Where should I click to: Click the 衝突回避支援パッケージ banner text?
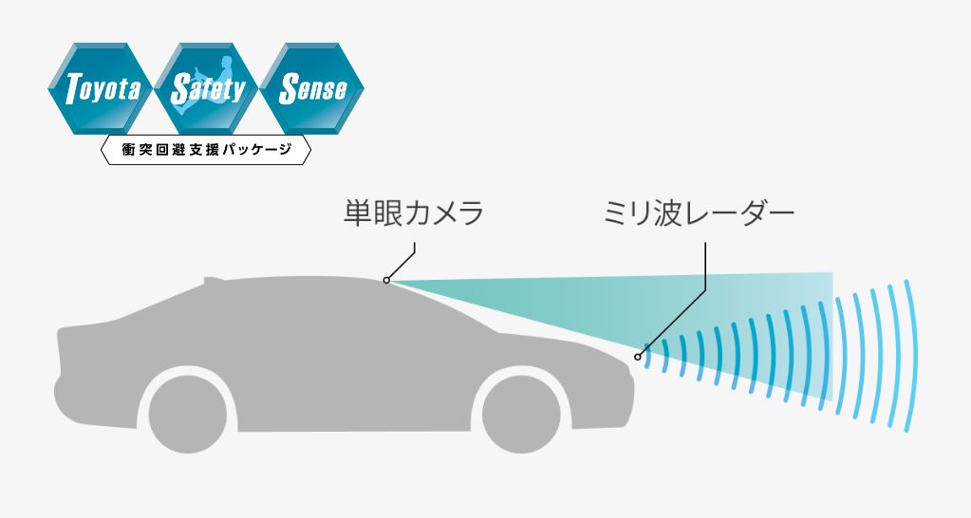(x=205, y=150)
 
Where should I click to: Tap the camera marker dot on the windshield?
(x=386, y=280)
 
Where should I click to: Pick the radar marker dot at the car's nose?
(x=638, y=358)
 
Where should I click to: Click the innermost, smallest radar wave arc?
(x=649, y=357)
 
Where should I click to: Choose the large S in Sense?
(x=287, y=91)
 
